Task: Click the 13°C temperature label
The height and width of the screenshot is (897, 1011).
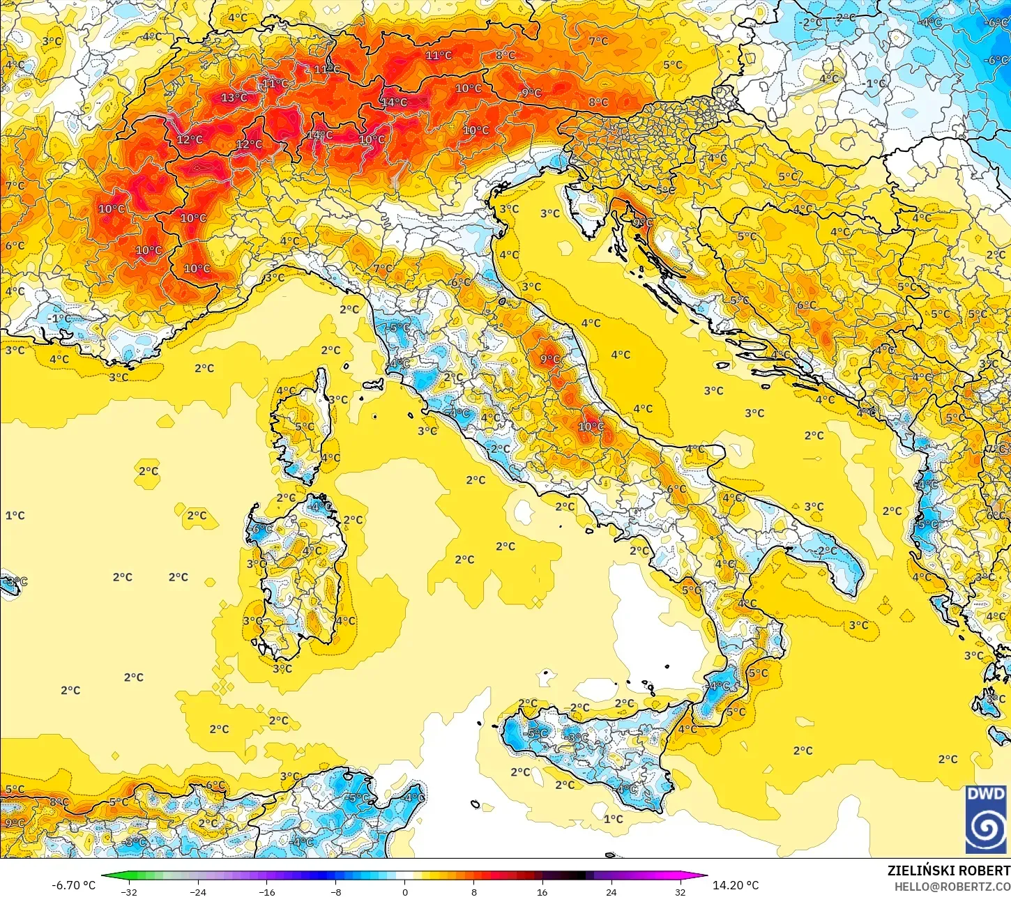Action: [234, 98]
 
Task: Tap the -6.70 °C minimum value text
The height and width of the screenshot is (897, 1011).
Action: [73, 885]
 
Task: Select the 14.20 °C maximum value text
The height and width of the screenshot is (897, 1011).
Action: [736, 885]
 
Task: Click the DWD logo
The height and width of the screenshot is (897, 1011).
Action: [986, 820]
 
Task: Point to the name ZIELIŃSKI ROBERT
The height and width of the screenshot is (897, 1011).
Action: [948, 871]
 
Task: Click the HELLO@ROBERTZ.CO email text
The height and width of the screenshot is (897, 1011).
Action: [952, 887]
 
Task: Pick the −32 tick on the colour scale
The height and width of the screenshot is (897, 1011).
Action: [129, 891]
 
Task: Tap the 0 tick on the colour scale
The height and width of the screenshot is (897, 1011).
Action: [405, 891]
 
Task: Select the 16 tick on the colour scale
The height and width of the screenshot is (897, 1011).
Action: [542, 891]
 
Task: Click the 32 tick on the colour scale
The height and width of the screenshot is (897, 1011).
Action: [680, 891]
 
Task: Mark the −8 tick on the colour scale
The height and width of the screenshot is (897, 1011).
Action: [335, 891]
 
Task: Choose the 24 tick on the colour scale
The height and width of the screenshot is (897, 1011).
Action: [611, 891]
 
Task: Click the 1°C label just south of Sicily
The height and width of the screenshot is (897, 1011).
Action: [614, 818]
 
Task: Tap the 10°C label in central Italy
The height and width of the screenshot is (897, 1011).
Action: [591, 427]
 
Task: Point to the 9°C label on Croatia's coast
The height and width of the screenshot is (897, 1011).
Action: [643, 223]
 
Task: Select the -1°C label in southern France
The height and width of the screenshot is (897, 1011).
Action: [60, 319]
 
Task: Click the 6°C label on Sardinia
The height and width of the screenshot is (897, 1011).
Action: [262, 530]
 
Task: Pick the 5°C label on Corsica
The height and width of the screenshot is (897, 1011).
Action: [305, 427]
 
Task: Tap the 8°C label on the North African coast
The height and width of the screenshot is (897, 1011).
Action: [59, 802]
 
